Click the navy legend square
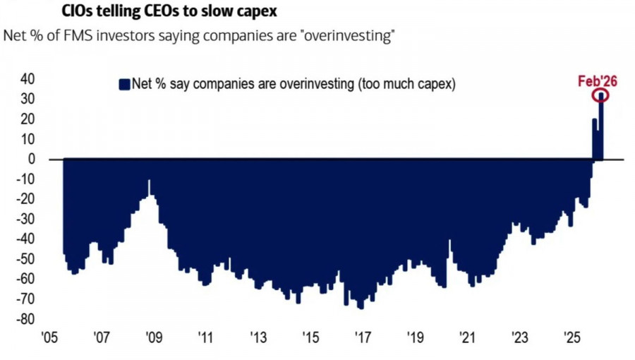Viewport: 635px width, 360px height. tap(125, 84)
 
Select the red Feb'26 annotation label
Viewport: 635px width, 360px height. tap(597, 82)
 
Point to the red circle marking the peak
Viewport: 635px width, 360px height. tap(600, 96)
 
